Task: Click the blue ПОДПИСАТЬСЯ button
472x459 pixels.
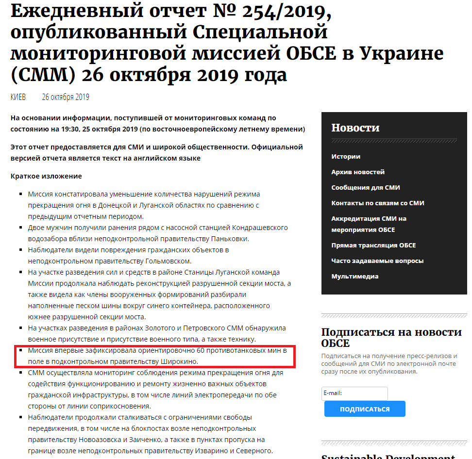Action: coord(365,409)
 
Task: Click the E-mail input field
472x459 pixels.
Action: coord(354,393)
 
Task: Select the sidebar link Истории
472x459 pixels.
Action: coord(346,157)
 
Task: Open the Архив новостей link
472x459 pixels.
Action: coord(358,172)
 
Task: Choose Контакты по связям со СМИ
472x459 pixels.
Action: coord(378,203)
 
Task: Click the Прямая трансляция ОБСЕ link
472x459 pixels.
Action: coord(373,246)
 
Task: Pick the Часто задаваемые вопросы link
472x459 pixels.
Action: coord(377,261)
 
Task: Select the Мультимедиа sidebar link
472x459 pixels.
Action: coord(355,277)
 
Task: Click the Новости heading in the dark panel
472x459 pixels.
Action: coord(355,128)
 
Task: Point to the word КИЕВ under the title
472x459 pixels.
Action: coord(18,97)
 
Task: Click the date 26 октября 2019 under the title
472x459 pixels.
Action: coord(66,97)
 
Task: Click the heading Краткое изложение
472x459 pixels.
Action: coord(46,176)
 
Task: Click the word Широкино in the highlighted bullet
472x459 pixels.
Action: coord(179,361)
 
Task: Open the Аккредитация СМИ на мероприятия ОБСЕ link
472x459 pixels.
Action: coord(369,224)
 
